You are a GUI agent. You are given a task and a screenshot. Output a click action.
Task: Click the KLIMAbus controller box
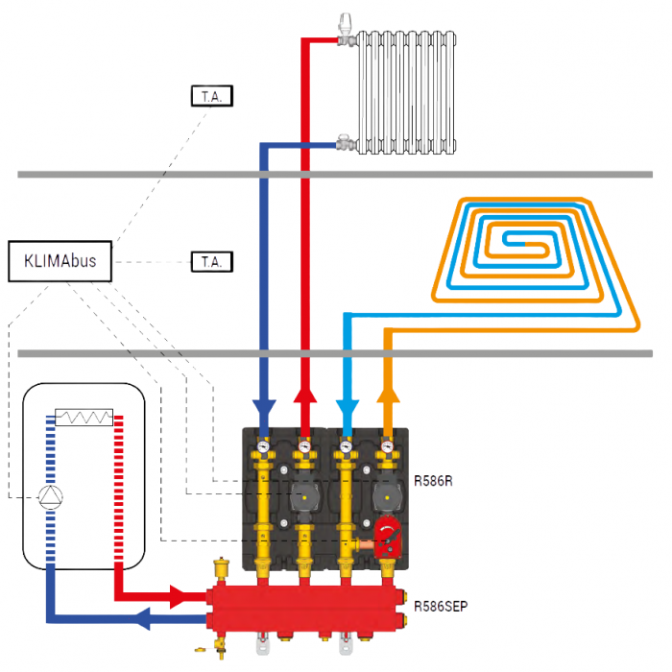60,261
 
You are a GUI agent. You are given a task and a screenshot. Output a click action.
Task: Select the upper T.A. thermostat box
211,96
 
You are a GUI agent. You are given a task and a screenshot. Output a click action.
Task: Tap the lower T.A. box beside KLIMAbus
211,261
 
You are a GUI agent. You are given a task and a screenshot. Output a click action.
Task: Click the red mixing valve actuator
389,538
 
